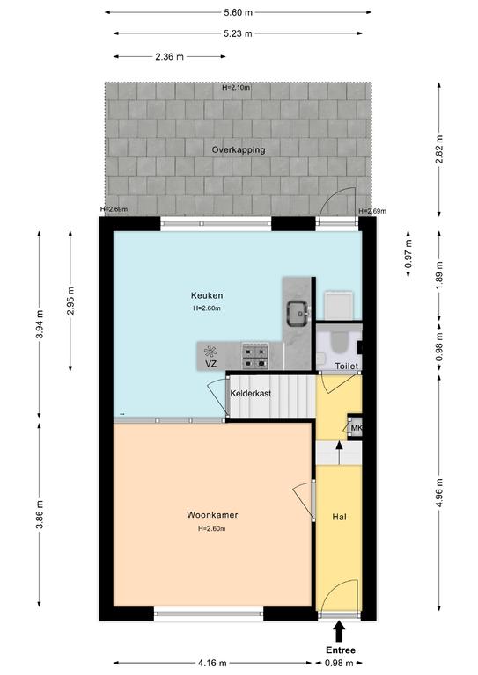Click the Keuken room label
[207, 295]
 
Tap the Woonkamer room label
[212, 515]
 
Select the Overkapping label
[239, 149]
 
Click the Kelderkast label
[250, 394]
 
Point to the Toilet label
[347, 366]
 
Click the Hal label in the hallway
[339, 517]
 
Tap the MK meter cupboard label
[357, 428]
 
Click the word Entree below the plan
[341, 650]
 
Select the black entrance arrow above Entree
[340, 632]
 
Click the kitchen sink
[298, 314]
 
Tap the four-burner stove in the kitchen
[255, 357]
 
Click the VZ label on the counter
[210, 364]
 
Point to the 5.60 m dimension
[238, 12]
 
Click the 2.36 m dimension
[169, 56]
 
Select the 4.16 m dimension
[212, 663]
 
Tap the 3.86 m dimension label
[40, 514]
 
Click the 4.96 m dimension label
[439, 492]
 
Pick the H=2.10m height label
[236, 87]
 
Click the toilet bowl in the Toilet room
[339, 342]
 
